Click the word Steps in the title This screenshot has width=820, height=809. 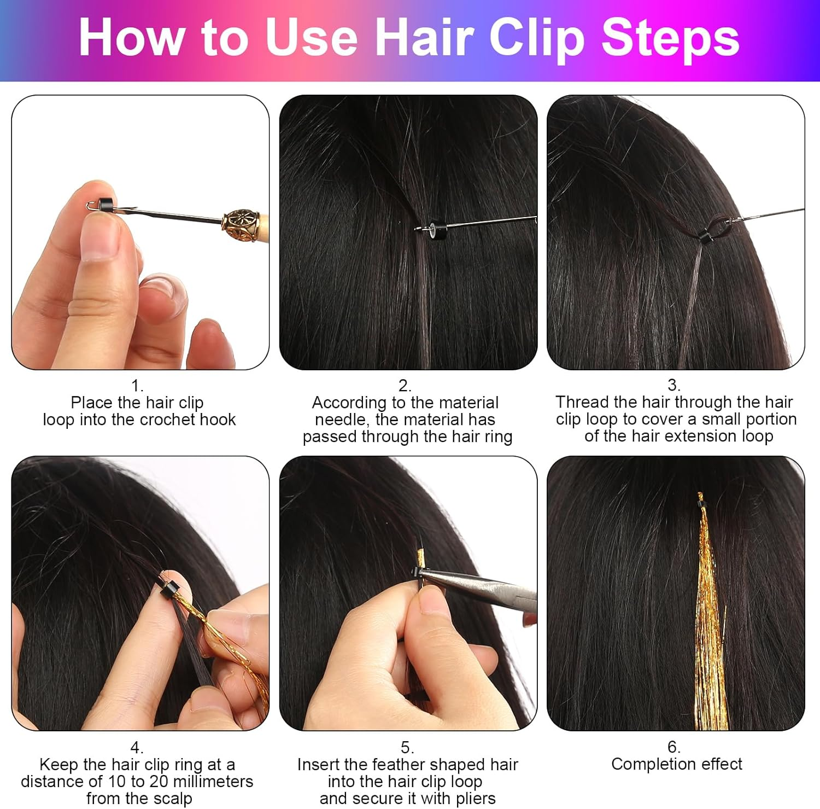tap(671, 38)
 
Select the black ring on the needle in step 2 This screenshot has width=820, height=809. tap(435, 227)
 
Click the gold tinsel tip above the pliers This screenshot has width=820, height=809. tap(420, 557)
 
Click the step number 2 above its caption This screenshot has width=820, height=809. tap(405, 386)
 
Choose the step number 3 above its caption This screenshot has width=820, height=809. tap(674, 385)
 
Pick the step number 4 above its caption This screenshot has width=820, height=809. tap(137, 747)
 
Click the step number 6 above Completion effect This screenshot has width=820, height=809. tap(674, 747)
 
